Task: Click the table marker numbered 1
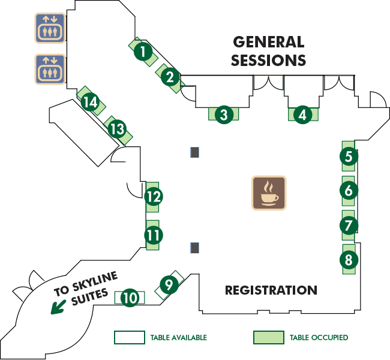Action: pos(143,52)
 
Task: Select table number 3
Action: pos(224,115)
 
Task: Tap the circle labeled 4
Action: pos(302,115)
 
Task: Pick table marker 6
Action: pos(349,190)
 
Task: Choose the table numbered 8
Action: pos(349,259)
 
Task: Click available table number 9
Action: pos(169,284)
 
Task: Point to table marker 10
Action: pos(130,298)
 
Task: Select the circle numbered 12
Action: pos(154,196)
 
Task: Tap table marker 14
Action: pos(90,102)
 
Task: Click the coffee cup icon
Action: pos(269,193)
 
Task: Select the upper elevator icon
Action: pos(50,28)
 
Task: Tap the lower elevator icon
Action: pos(50,69)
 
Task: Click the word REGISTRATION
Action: pos(271,290)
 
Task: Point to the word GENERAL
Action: pos(269,42)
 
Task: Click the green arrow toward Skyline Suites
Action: pos(58,307)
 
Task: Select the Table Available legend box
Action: pos(130,337)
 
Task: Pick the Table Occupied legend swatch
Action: pos(269,337)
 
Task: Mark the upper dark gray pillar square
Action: pos(195,152)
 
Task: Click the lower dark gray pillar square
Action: pos(195,248)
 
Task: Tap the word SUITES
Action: pos(90,296)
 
